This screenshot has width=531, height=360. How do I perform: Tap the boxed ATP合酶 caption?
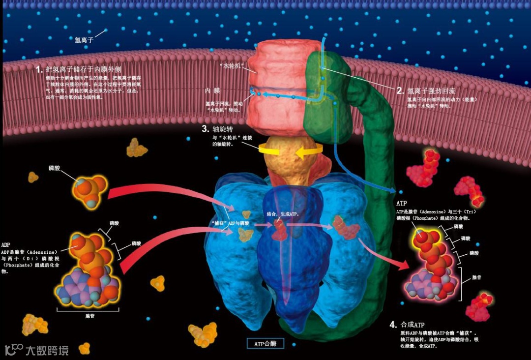coord(265,344)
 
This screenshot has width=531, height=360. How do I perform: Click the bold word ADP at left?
coord(6,244)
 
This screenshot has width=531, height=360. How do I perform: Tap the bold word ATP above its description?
coord(401,203)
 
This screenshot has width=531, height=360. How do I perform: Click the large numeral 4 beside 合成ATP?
coord(393,325)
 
